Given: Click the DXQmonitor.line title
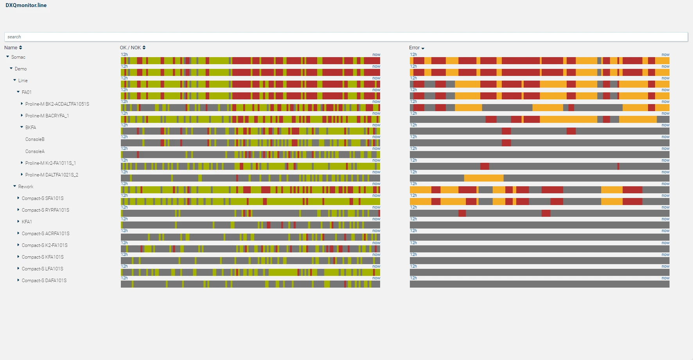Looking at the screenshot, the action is click(x=26, y=5).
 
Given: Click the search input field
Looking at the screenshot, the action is click(x=346, y=37).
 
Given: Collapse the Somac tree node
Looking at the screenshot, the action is click(x=7, y=57).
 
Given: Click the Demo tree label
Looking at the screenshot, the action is click(x=21, y=69).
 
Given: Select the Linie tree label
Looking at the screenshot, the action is click(x=23, y=81).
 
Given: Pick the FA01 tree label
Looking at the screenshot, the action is click(x=27, y=92).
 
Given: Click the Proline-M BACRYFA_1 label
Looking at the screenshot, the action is click(x=47, y=116).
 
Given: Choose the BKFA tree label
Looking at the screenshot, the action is click(x=31, y=128).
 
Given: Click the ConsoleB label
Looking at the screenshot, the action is click(x=35, y=139).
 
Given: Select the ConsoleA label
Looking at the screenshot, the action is click(x=35, y=151).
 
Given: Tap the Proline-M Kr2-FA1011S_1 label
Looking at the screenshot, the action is click(x=50, y=163).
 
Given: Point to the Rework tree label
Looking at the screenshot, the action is click(x=26, y=187).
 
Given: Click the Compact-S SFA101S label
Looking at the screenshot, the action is click(x=43, y=198).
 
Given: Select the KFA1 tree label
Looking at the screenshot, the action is click(x=27, y=222).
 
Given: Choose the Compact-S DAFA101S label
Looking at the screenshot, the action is click(x=44, y=281).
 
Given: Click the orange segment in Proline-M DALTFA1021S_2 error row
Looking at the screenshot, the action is click(x=484, y=178).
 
